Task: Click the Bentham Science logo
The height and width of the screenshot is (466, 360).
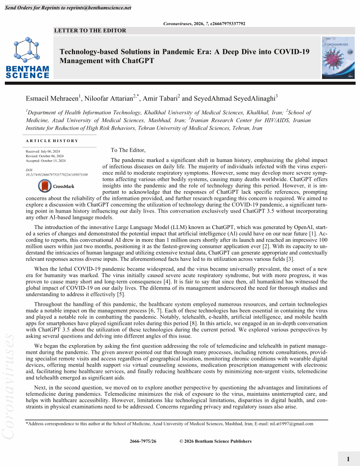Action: point(27,58)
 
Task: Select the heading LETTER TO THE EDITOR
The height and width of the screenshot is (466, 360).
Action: point(90,30)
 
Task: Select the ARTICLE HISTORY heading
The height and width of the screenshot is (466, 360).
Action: point(52,141)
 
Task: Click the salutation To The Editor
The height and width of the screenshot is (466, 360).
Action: point(128,150)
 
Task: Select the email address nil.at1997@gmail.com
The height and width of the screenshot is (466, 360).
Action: point(292,424)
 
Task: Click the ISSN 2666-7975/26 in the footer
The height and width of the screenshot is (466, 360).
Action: point(143,441)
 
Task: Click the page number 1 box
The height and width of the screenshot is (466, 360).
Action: point(348,459)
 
